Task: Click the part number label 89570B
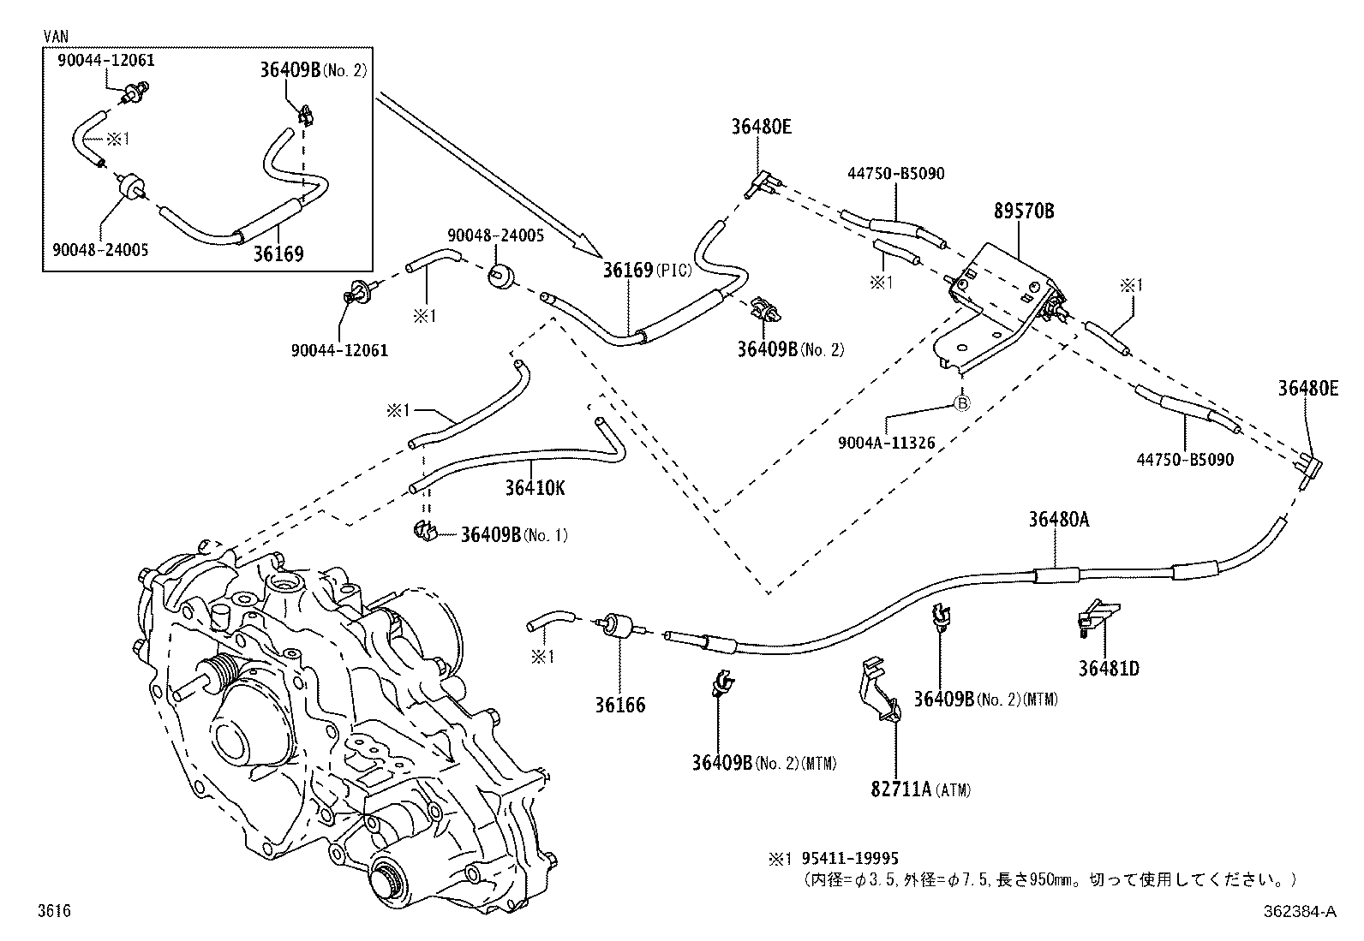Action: coord(1024,211)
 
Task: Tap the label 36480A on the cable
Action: coord(1059,520)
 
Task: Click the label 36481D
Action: coord(1109,668)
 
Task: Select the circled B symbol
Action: coord(961,402)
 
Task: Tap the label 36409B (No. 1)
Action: coord(513,535)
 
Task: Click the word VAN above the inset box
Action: coord(57,36)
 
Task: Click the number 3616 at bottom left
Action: coord(53,912)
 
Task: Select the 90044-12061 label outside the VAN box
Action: coord(339,349)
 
